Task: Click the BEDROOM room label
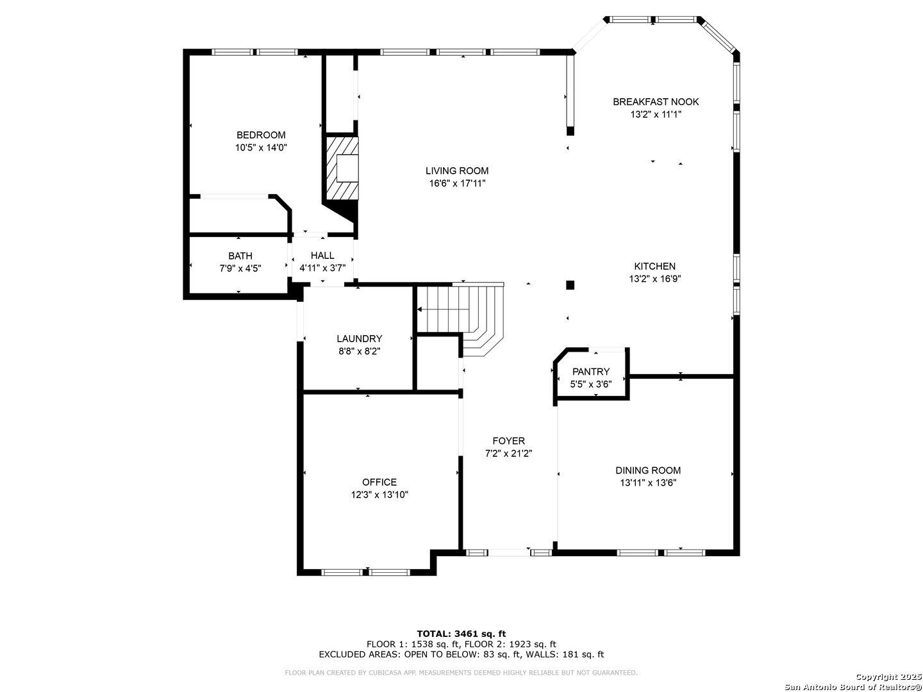click(x=261, y=135)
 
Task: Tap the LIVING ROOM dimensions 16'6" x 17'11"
click(x=457, y=184)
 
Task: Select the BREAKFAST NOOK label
click(x=656, y=102)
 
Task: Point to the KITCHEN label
click(x=654, y=267)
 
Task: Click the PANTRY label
click(x=591, y=372)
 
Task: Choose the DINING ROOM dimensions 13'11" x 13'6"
click(x=648, y=483)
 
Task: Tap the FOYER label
click(x=509, y=441)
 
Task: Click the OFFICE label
click(x=379, y=482)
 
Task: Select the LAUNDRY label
click(x=360, y=339)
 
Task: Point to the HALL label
click(x=322, y=256)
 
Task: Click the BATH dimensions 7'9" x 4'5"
click(x=240, y=268)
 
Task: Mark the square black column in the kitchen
click(x=570, y=285)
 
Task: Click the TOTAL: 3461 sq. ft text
click(x=462, y=634)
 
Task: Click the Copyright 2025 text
click(x=888, y=677)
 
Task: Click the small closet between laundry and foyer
click(x=437, y=363)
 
